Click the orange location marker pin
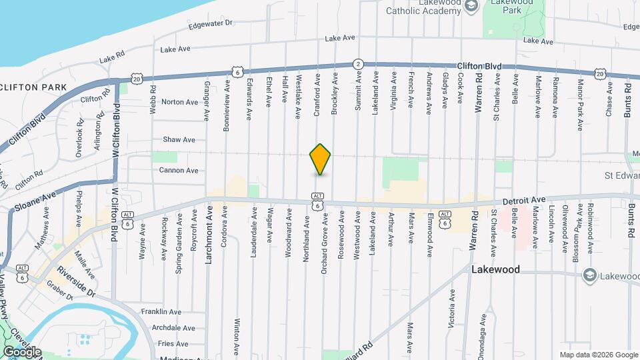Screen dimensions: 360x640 tap(321, 159)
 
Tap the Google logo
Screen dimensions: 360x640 tap(22, 351)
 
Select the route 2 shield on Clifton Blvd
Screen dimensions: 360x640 tap(358, 64)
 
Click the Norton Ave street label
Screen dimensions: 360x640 tap(179, 102)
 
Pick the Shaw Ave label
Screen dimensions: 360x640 tap(179, 140)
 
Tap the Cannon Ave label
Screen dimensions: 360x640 tap(179, 171)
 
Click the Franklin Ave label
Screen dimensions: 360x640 tap(161, 311)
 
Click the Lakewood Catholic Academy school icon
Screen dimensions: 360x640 tap(471, 6)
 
